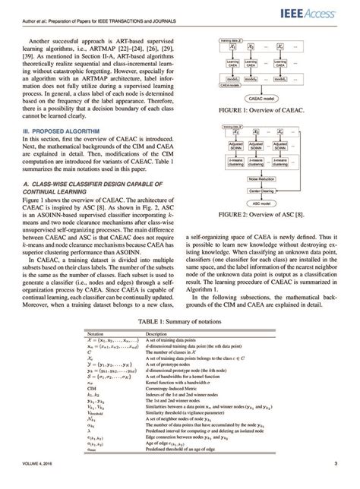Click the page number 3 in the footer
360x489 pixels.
tap(335, 465)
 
